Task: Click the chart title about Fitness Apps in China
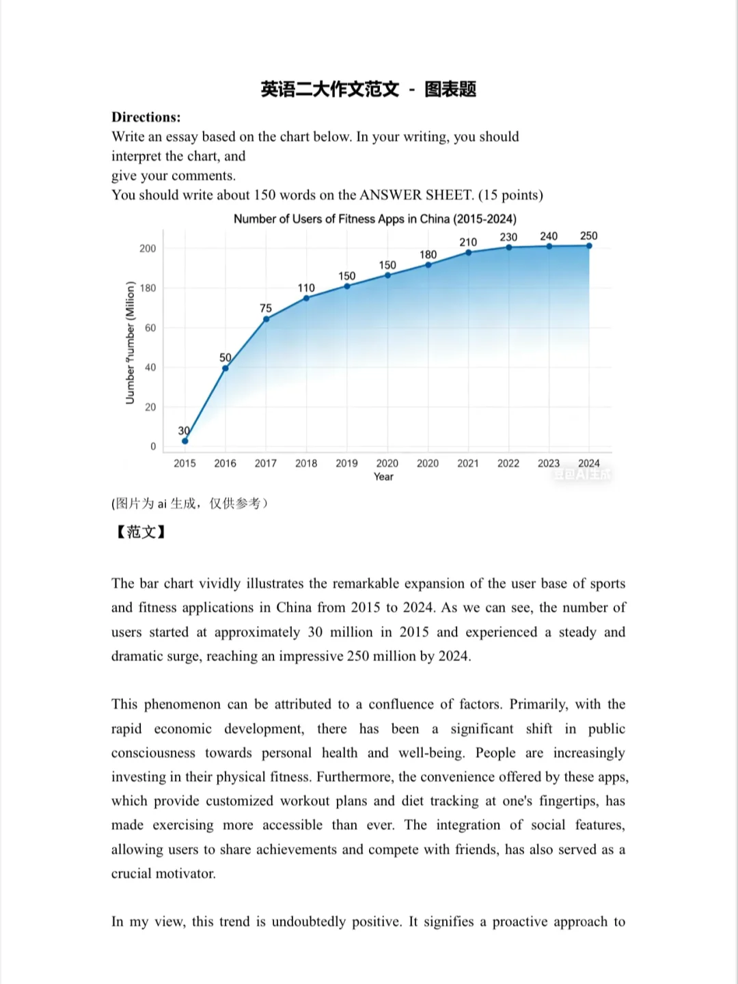point(374,219)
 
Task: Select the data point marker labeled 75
point(266,319)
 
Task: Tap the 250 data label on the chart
point(588,236)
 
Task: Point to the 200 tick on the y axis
point(148,249)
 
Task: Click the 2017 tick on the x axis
point(265,463)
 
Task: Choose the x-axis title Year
point(383,477)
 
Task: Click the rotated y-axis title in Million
point(130,342)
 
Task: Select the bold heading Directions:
point(146,117)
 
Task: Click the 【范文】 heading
point(139,532)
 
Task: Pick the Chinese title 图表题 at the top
point(450,89)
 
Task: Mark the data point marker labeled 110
point(306,298)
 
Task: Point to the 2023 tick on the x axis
point(548,463)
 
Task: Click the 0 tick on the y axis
point(153,447)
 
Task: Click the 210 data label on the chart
point(468,242)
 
